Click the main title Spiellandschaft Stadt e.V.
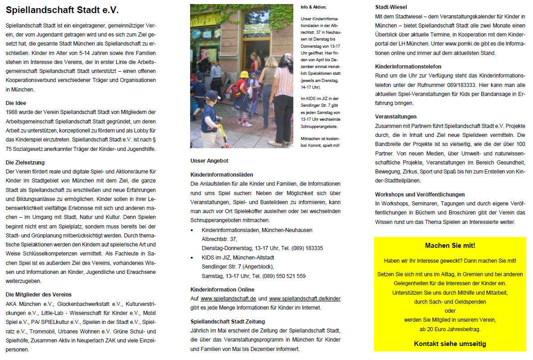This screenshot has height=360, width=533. (x=62, y=10)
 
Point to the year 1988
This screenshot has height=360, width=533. (x=13, y=112)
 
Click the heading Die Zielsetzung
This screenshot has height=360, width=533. (x=25, y=162)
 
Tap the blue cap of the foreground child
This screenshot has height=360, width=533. (x=212, y=95)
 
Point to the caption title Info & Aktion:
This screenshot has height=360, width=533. (x=314, y=8)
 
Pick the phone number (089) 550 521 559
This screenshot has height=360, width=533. (x=280, y=276)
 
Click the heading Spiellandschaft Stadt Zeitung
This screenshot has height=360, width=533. (x=228, y=322)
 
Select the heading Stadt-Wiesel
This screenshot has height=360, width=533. (x=390, y=7)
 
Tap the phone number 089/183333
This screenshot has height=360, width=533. (x=472, y=85)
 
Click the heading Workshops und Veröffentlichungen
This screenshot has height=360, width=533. (x=419, y=195)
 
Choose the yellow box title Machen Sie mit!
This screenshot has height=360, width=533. (x=450, y=246)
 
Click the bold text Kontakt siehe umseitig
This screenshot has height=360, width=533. (x=450, y=344)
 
